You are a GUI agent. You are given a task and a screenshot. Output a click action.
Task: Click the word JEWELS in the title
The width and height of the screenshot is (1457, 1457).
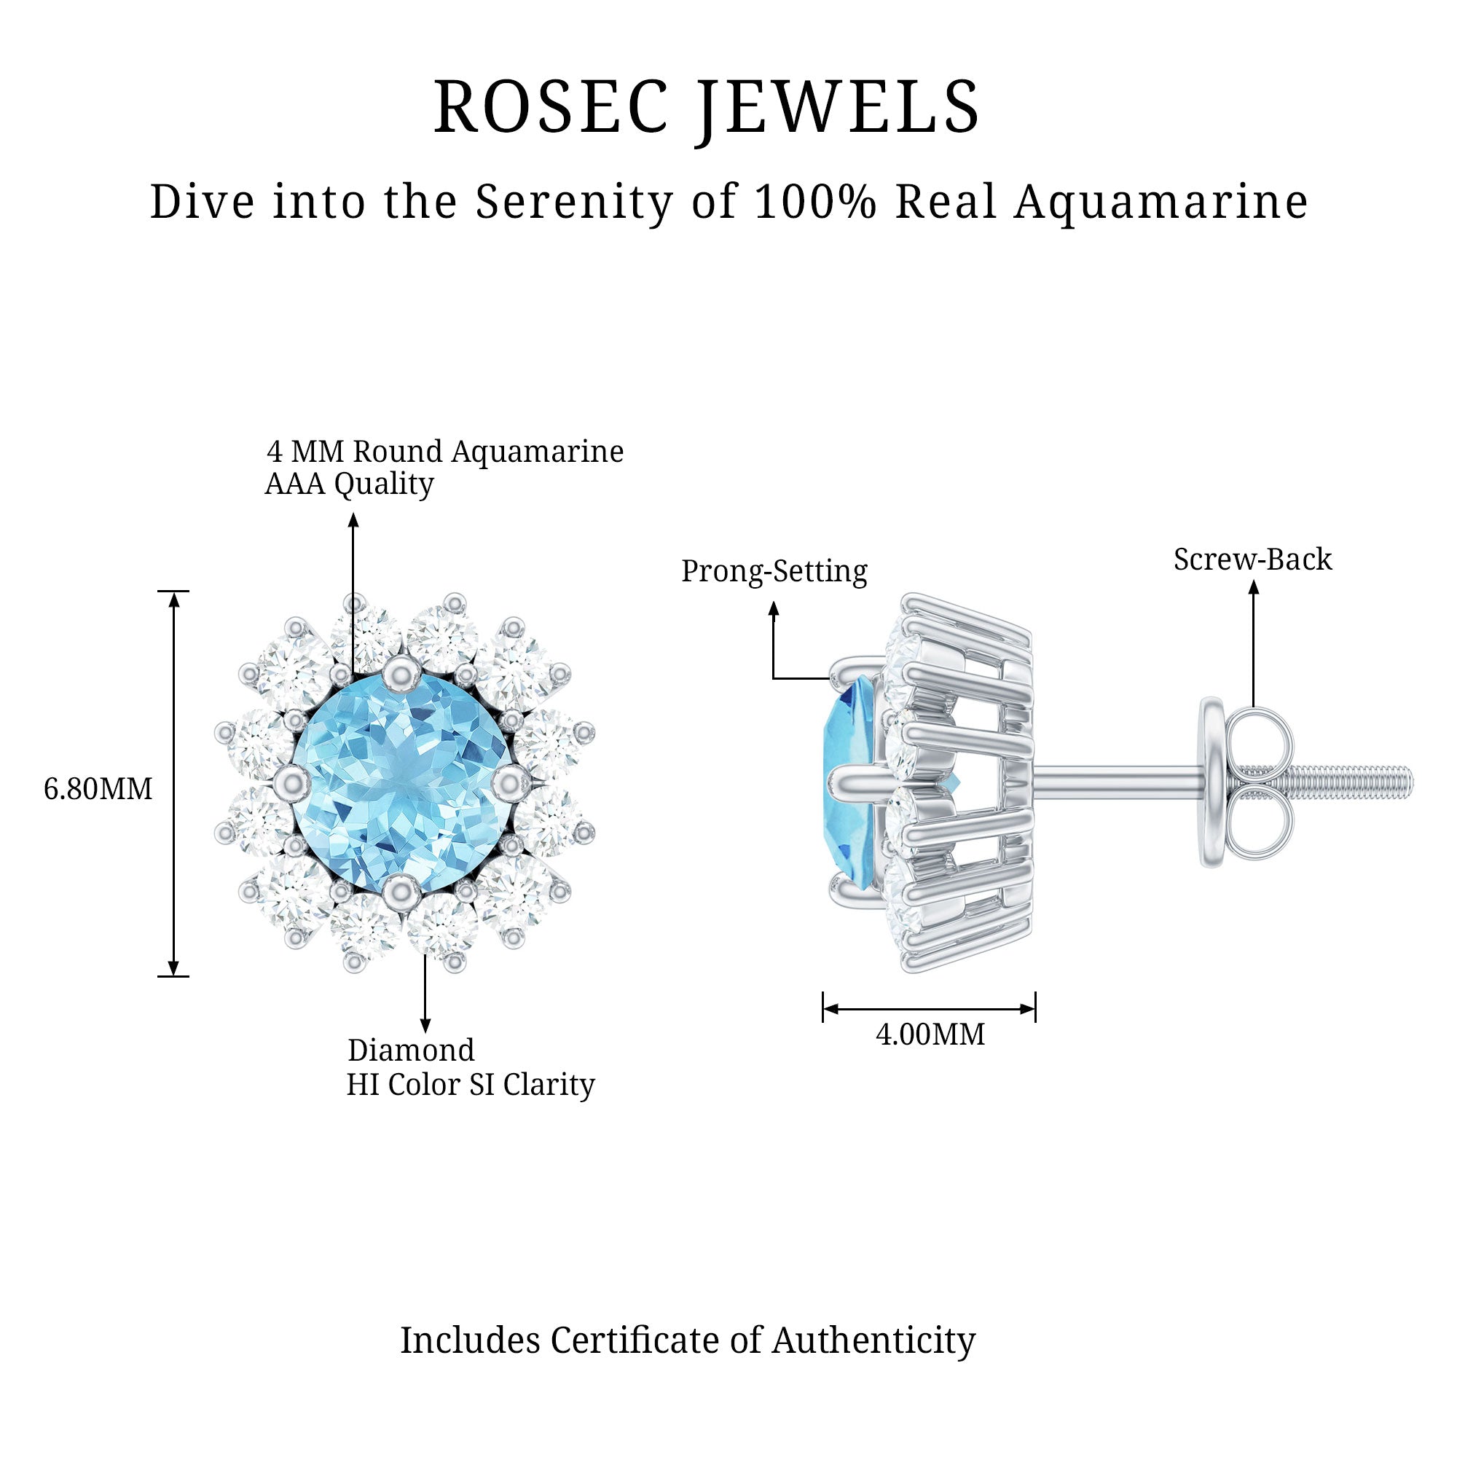coord(838,107)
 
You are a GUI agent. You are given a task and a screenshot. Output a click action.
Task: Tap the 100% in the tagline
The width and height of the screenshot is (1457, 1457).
coord(815,201)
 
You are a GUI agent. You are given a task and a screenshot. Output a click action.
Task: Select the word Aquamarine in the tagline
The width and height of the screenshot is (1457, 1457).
coord(1161,201)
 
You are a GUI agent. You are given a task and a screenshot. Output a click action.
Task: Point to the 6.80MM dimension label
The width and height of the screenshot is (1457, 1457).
coord(98,789)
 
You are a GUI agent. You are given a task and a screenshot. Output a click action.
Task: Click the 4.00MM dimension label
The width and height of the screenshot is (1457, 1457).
coord(930,1034)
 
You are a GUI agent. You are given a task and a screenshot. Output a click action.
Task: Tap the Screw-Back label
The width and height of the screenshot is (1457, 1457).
coord(1252,559)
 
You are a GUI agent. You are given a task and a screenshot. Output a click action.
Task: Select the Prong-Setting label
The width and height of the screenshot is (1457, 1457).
coord(774,571)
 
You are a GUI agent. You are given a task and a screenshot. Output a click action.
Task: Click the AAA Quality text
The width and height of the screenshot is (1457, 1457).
coord(349,484)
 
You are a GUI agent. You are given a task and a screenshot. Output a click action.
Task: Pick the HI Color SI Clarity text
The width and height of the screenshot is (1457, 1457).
coord(471,1085)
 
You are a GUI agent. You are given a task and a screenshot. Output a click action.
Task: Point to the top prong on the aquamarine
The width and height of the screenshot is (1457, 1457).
coord(401,670)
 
